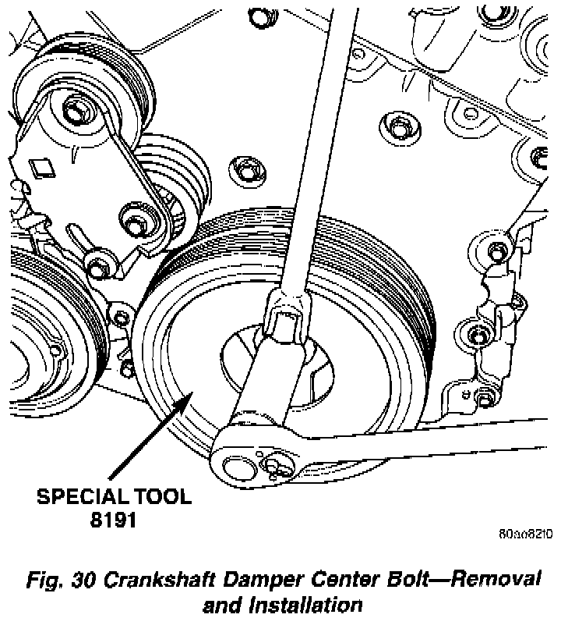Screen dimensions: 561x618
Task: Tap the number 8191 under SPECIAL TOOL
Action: tap(115, 519)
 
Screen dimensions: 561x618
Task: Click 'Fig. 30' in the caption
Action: tap(56, 581)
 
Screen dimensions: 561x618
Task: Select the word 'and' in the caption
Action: tap(221, 604)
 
